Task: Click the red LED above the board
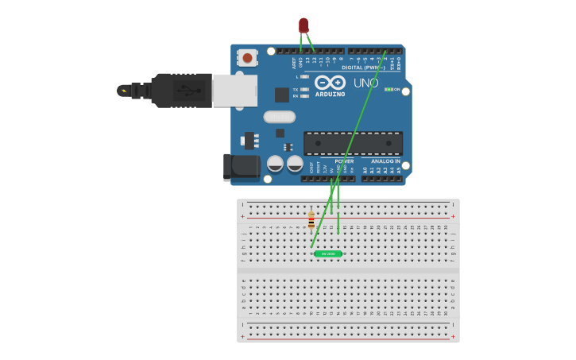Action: tap(303, 25)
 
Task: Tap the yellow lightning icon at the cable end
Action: tap(123, 91)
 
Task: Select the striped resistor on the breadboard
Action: tap(311, 219)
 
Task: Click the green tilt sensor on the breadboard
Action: tap(327, 254)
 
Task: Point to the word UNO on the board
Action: tap(365, 83)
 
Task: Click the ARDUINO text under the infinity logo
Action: tap(331, 95)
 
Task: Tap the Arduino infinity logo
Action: tap(330, 83)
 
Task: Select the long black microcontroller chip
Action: tap(353, 143)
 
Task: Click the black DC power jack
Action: tap(241, 166)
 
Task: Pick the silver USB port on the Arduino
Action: tap(234, 90)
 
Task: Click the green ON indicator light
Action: tap(389, 89)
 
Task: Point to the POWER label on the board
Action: tap(344, 161)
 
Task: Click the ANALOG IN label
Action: tap(387, 161)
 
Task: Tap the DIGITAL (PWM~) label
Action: tap(363, 68)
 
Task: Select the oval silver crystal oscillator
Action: tap(279, 117)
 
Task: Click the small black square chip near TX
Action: tap(282, 95)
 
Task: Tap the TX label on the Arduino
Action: tap(296, 89)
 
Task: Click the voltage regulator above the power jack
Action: tap(249, 141)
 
